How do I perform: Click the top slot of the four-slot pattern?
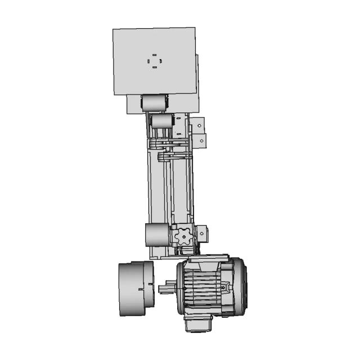(155, 55)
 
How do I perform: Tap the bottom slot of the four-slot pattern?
(155, 67)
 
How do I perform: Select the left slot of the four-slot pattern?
(148, 61)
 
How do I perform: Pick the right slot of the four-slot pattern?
(161, 61)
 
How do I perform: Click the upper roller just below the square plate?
(154, 103)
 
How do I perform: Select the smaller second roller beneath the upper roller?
(162, 121)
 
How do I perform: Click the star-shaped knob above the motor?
(183, 236)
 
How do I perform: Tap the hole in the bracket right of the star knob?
(201, 231)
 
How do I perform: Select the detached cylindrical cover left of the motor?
(135, 288)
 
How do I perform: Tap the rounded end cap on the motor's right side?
(238, 286)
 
